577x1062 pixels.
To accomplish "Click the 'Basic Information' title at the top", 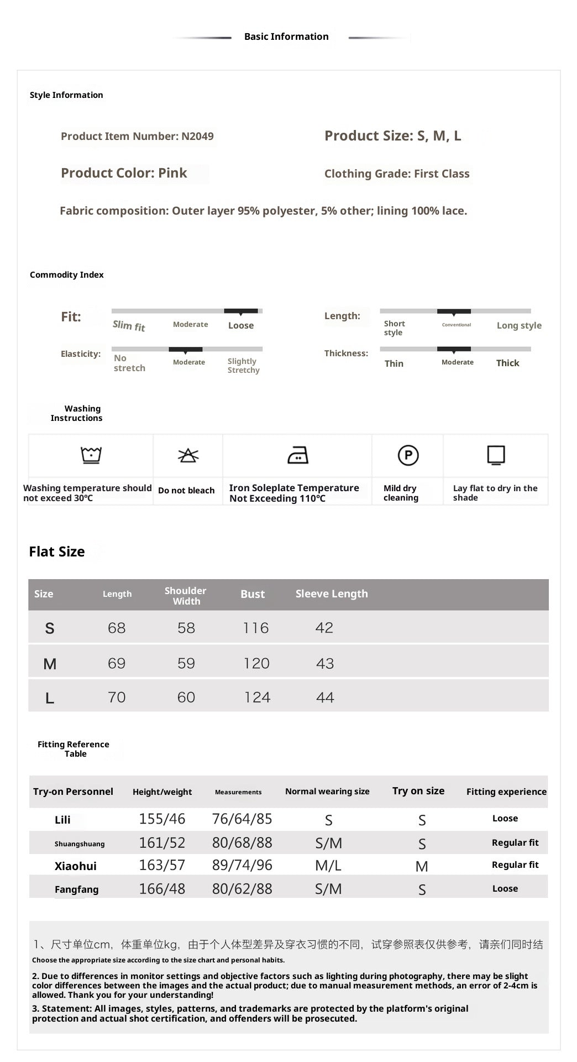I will [286, 37].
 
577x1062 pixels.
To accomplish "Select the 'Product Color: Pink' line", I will [124, 173].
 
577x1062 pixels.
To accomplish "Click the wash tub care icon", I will [91, 455].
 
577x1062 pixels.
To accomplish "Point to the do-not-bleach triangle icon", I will [188, 455].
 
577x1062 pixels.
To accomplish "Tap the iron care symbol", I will [298, 455].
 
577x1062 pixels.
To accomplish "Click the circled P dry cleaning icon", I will [408, 455].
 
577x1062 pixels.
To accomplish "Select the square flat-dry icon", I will [496, 455].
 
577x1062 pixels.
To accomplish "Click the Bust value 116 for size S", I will [256, 628].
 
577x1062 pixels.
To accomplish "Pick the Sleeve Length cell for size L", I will [325, 697].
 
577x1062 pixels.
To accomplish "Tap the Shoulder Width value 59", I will [186, 663].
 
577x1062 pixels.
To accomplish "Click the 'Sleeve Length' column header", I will [332, 594].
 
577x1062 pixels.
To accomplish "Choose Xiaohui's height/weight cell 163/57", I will [162, 865].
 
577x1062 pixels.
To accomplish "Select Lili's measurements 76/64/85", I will [242, 819].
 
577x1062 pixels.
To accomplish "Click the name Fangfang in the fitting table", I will [76, 889].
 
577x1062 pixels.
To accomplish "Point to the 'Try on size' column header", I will [418, 791].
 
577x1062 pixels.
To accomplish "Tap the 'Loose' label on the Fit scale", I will [241, 326].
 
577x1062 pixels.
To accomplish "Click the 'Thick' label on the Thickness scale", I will [507, 363].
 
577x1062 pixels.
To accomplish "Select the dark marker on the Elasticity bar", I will [186, 350].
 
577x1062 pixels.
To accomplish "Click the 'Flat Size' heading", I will [57, 551].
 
